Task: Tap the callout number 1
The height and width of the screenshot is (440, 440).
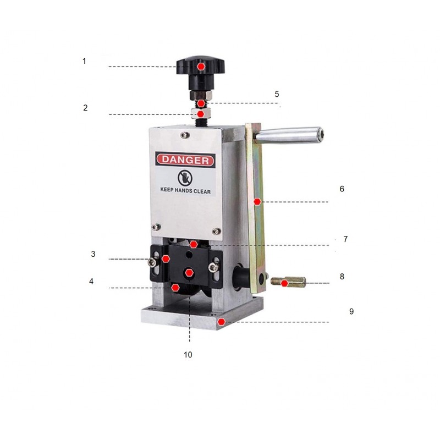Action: pyautogui.click(x=84, y=61)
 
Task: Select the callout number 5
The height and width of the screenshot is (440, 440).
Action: pyautogui.click(x=277, y=94)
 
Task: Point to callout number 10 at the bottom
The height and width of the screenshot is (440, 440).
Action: pyautogui.click(x=188, y=355)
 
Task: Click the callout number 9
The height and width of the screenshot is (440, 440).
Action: pyautogui.click(x=351, y=311)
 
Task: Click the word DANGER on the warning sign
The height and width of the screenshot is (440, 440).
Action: pyautogui.click(x=185, y=160)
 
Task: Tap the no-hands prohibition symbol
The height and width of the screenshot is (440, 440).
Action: pyautogui.click(x=185, y=178)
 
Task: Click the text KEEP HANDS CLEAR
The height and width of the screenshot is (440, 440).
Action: pyautogui.click(x=185, y=190)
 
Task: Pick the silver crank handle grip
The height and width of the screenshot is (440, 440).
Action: pyautogui.click(x=289, y=135)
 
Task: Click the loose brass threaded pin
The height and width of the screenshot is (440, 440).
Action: pyautogui.click(x=288, y=282)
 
